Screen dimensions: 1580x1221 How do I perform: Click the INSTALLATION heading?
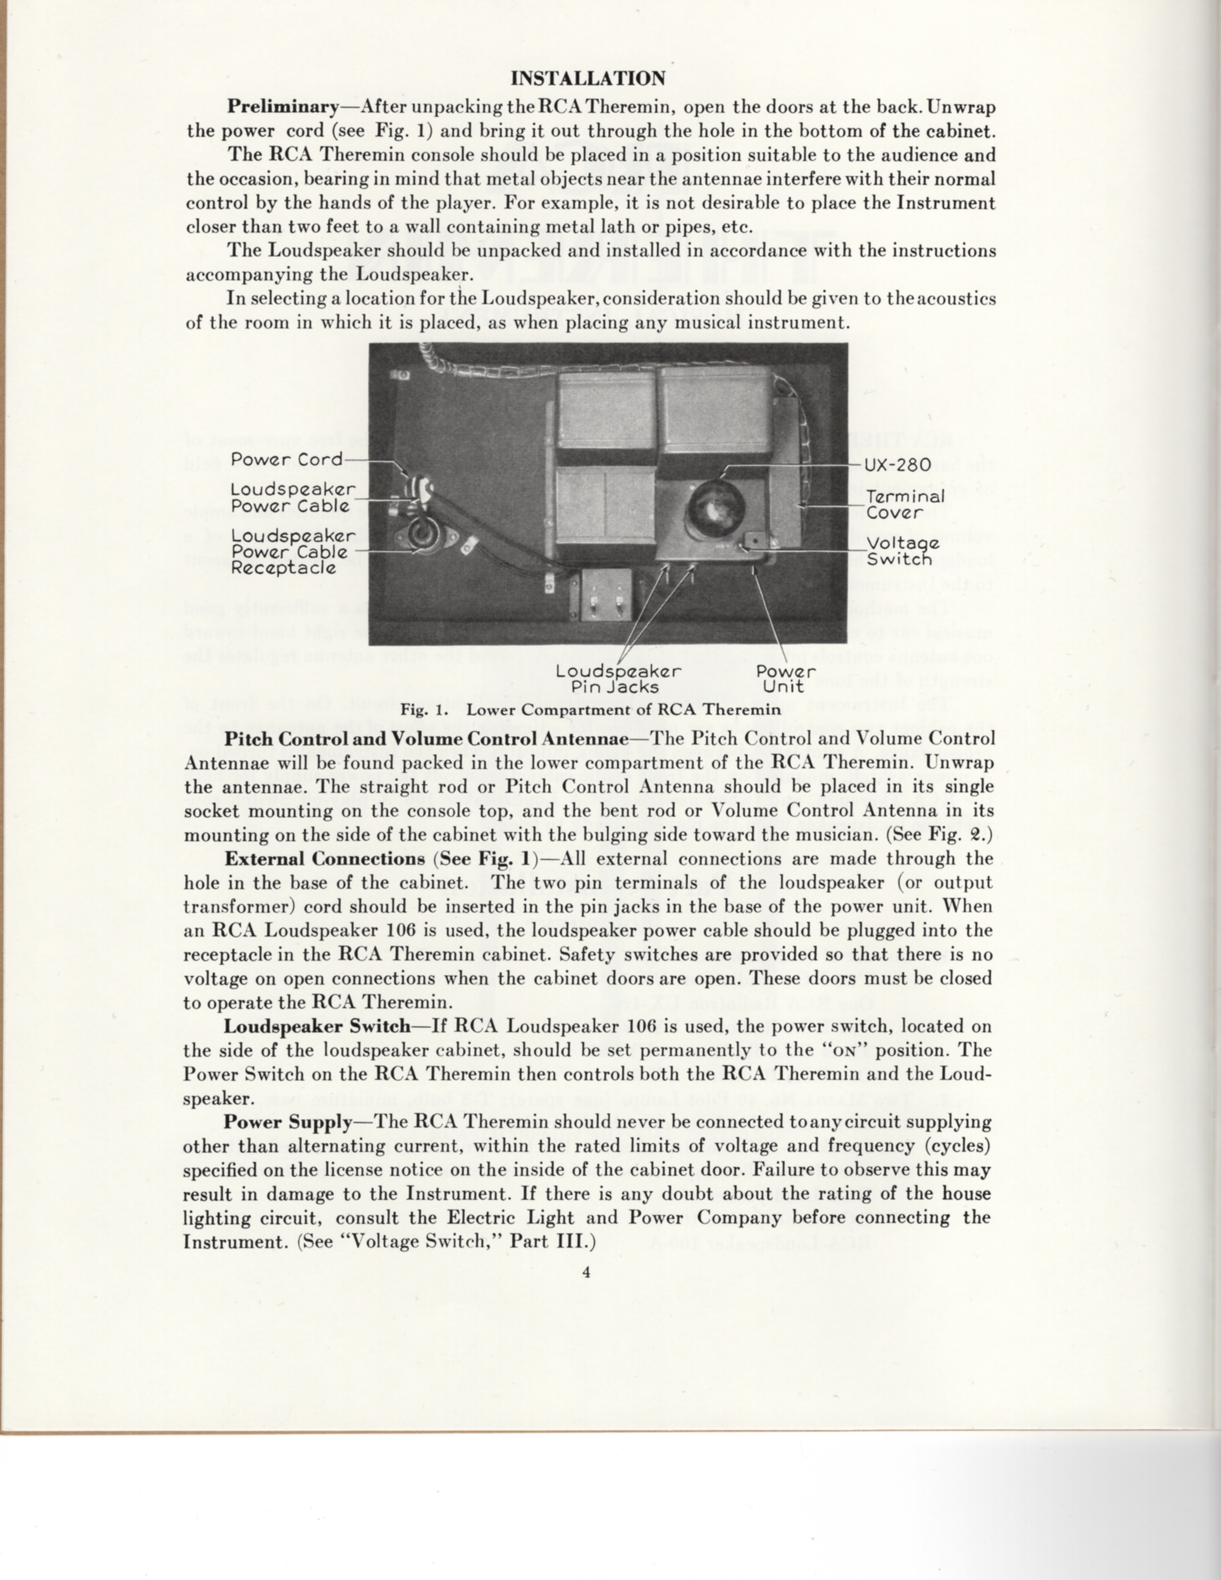(x=588, y=78)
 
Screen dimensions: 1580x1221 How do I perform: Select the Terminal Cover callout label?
(x=905, y=504)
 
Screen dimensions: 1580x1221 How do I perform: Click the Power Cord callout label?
(x=286, y=459)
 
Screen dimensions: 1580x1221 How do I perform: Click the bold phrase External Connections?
(x=324, y=859)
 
